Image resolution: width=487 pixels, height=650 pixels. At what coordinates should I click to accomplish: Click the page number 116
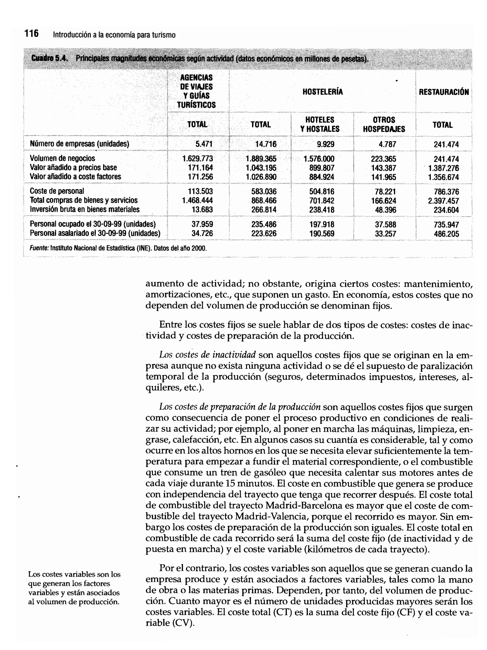point(31,34)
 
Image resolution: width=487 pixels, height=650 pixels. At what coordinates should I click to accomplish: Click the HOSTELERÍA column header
point(322,92)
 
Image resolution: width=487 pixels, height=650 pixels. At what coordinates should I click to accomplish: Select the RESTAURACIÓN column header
point(443,92)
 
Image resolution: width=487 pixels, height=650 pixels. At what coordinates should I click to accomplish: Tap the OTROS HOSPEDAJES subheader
point(384,124)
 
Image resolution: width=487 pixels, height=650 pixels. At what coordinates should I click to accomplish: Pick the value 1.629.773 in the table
point(198,159)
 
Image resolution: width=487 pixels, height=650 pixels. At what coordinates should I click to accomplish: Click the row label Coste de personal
point(57,191)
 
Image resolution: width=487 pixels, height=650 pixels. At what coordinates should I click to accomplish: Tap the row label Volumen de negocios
point(62,158)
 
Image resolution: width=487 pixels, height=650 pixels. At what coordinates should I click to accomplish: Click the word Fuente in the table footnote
point(39,248)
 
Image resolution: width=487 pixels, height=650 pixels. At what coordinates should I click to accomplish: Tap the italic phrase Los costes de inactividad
point(208,355)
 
